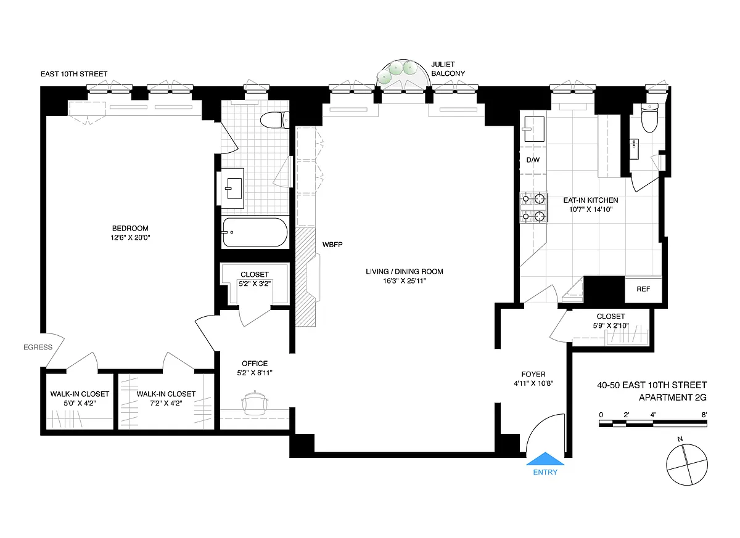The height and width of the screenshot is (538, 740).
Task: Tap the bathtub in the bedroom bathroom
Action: tap(255, 232)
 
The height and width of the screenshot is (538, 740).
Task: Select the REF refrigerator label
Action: tap(643, 289)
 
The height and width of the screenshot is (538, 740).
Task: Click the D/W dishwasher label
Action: tap(533, 160)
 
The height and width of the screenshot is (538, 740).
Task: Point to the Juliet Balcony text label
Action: tap(448, 69)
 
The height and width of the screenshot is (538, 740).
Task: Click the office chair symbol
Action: tap(255, 402)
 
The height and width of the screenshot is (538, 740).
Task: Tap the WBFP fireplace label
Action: tap(332, 245)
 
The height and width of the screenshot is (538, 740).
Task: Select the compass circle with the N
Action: tap(687, 465)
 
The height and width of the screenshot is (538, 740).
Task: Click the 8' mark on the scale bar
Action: tap(704, 415)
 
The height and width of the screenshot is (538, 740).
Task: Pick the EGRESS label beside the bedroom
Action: tap(38, 347)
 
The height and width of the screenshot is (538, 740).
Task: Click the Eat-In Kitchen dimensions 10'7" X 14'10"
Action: tap(591, 210)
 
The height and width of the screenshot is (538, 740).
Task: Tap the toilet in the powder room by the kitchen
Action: tap(649, 118)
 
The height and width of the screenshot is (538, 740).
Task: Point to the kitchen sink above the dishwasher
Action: tap(533, 129)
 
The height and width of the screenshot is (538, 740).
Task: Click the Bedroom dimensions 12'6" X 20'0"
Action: tap(130, 237)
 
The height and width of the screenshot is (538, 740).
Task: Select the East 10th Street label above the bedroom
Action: tap(74, 74)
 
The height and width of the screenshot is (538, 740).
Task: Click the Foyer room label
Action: tap(533, 374)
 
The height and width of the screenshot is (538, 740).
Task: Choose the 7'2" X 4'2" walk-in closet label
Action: tap(166, 403)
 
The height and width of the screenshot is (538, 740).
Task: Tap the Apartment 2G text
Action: tap(673, 397)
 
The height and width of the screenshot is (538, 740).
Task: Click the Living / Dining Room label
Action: tap(405, 272)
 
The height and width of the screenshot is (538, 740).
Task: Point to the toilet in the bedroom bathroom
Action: tap(275, 120)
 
